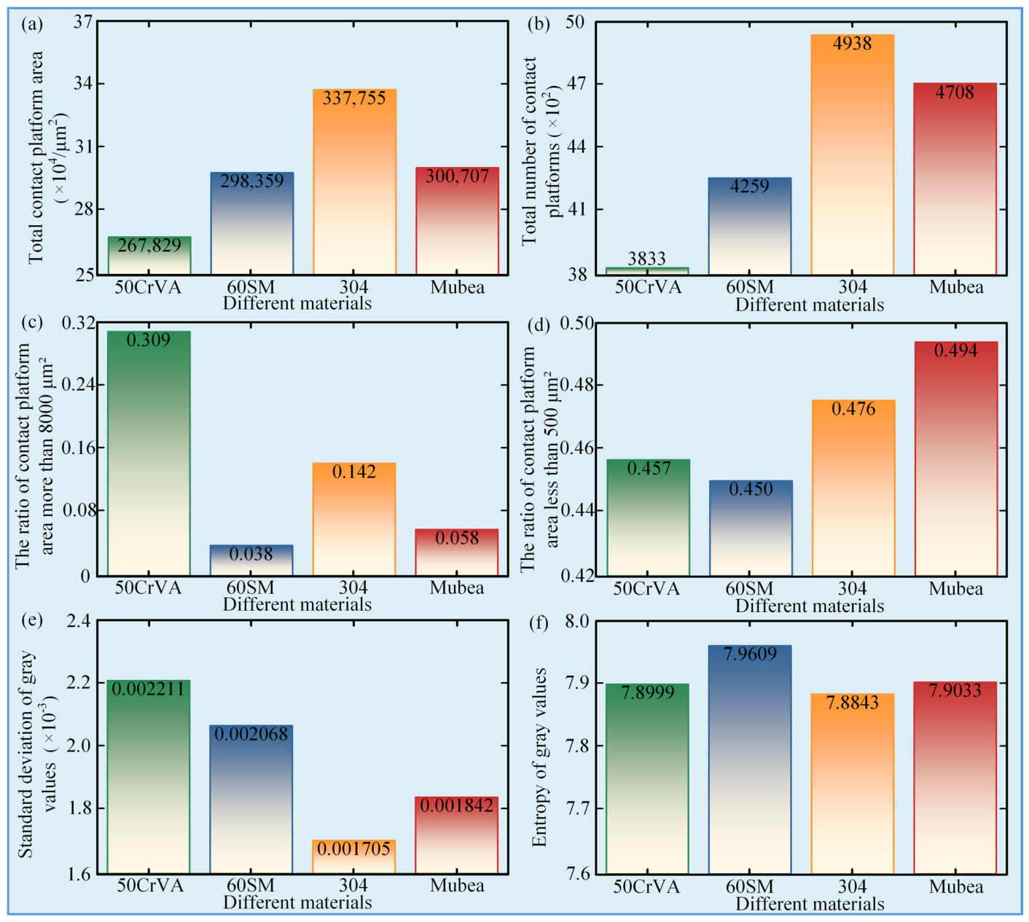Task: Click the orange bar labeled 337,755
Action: pyautogui.click(x=354, y=182)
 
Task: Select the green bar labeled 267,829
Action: pyautogui.click(x=150, y=256)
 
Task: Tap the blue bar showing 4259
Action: pyautogui.click(x=750, y=226)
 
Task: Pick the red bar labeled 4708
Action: pyautogui.click(x=955, y=179)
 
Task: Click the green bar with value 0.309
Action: pyautogui.click(x=149, y=453)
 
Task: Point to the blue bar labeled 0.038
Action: pyautogui.click(x=251, y=560)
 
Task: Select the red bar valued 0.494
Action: pyautogui.click(x=956, y=458)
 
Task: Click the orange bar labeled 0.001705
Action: pyautogui.click(x=354, y=856)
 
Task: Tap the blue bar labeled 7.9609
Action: pyautogui.click(x=750, y=759)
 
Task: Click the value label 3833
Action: pyautogui.click(x=646, y=259)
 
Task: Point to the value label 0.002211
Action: pyautogui.click(x=148, y=689)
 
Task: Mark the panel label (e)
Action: pyautogui.click(x=31, y=621)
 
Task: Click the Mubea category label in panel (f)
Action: pyautogui.click(x=956, y=887)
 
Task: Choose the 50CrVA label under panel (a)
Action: pyautogui.click(x=148, y=287)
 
